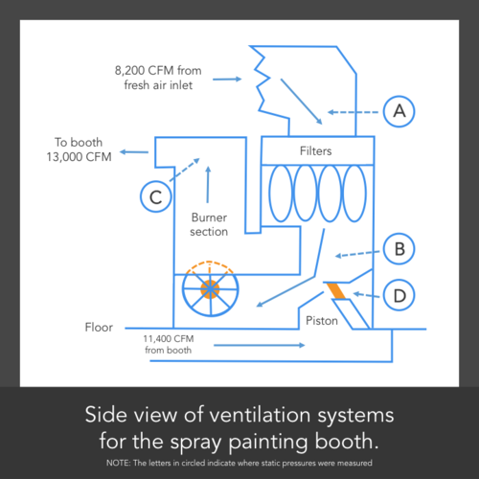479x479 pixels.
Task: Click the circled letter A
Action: click(399, 111)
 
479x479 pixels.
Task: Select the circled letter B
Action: click(399, 250)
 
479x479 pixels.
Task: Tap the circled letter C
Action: click(155, 197)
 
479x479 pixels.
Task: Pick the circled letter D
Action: click(399, 295)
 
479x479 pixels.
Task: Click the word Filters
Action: click(316, 151)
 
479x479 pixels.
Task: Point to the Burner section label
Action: click(209, 224)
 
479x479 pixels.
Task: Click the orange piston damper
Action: click(336, 290)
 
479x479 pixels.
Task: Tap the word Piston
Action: click(322, 321)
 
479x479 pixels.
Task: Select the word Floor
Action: click(100, 328)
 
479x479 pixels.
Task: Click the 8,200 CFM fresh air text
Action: click(157, 78)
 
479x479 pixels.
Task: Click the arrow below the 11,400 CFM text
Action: click(249, 342)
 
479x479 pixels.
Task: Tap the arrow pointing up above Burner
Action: click(208, 177)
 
